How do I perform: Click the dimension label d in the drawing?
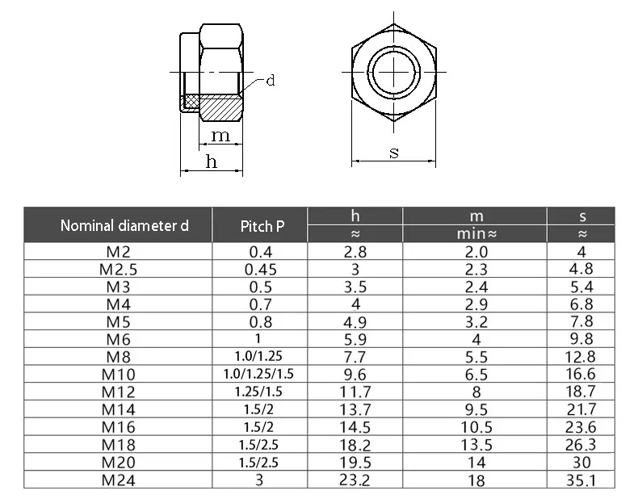[271, 80]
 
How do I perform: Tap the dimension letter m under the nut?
[220, 135]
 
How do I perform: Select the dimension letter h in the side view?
[212, 161]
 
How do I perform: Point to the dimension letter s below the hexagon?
[394, 152]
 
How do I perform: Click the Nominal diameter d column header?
[124, 226]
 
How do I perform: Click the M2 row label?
[118, 252]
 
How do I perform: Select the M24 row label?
[118, 480]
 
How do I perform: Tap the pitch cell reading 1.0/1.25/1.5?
[259, 375]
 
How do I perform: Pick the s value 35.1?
[582, 480]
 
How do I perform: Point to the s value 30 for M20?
[582, 463]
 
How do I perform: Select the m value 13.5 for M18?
[476, 445]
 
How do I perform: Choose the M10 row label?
[118, 375]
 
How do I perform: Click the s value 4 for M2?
[582, 252]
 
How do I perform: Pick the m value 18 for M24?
[476, 480]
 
